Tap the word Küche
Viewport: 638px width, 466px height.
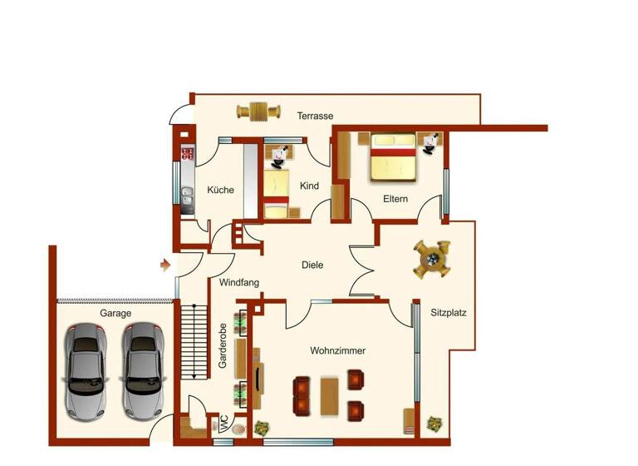click(220, 190)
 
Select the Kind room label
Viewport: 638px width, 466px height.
click(310, 186)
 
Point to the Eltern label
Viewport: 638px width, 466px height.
click(395, 199)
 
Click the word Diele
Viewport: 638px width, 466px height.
click(312, 265)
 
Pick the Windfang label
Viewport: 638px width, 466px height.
click(239, 283)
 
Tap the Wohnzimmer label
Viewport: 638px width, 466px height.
click(338, 351)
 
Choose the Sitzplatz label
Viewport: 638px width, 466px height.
click(449, 315)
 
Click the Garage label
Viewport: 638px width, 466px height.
click(115, 315)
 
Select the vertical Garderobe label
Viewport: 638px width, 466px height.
click(223, 346)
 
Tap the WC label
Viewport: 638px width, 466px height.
click(223, 424)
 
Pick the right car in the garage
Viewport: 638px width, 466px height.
click(141, 369)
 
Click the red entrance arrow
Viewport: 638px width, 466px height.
click(165, 265)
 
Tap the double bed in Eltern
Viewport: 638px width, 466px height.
click(392, 157)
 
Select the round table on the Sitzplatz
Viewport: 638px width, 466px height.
click(433, 260)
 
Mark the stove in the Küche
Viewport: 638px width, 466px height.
click(187, 153)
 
